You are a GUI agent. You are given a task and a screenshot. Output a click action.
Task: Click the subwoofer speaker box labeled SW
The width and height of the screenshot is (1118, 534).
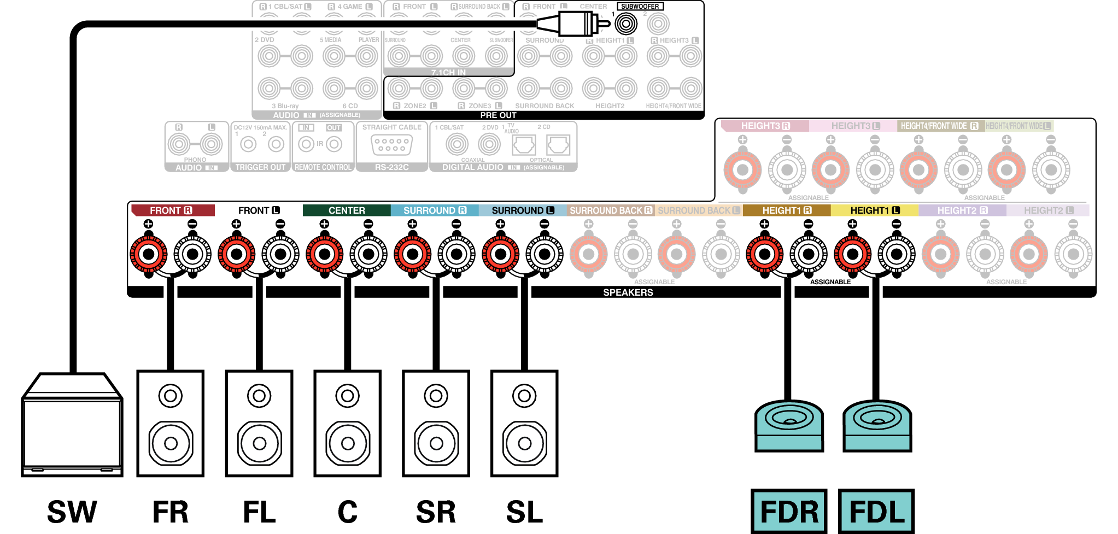tap(72, 432)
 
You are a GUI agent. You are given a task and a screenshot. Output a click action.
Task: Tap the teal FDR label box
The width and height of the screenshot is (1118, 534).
tap(788, 511)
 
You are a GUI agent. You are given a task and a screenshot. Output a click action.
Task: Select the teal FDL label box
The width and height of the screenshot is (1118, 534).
tap(876, 511)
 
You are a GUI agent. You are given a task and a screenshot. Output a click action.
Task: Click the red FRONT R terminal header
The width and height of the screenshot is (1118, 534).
tap(172, 210)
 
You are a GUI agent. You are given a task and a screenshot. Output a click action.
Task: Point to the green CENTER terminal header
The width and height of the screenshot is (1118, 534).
tap(347, 210)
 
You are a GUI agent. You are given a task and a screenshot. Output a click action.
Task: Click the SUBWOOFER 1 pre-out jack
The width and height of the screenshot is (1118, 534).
tap(625, 24)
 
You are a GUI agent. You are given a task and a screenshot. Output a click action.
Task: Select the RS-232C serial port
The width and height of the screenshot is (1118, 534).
tap(391, 145)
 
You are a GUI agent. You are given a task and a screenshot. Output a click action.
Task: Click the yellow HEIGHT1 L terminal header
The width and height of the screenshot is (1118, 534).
tap(875, 210)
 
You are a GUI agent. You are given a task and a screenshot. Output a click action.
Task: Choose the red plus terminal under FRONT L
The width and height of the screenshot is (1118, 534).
tap(237, 254)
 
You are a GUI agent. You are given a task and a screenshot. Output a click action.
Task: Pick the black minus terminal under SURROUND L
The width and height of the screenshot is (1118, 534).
tap(545, 254)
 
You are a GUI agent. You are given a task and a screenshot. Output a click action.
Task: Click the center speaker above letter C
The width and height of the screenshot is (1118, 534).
tap(347, 424)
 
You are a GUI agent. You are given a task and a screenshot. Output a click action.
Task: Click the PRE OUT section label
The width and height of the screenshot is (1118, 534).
tap(498, 115)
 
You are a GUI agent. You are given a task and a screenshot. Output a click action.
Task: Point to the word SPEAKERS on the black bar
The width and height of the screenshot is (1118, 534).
tap(628, 292)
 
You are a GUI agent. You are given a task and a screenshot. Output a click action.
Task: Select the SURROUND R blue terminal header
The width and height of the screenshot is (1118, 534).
tap(435, 210)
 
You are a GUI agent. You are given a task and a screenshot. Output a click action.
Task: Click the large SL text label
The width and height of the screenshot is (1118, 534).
tap(524, 512)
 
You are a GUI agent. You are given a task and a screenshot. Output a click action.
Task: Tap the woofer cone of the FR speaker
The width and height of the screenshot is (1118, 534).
tap(171, 443)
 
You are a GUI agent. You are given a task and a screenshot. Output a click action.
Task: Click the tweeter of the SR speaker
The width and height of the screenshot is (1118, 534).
tap(436, 396)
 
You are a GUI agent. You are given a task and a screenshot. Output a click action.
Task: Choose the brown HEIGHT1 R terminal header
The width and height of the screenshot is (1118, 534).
tap(787, 210)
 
